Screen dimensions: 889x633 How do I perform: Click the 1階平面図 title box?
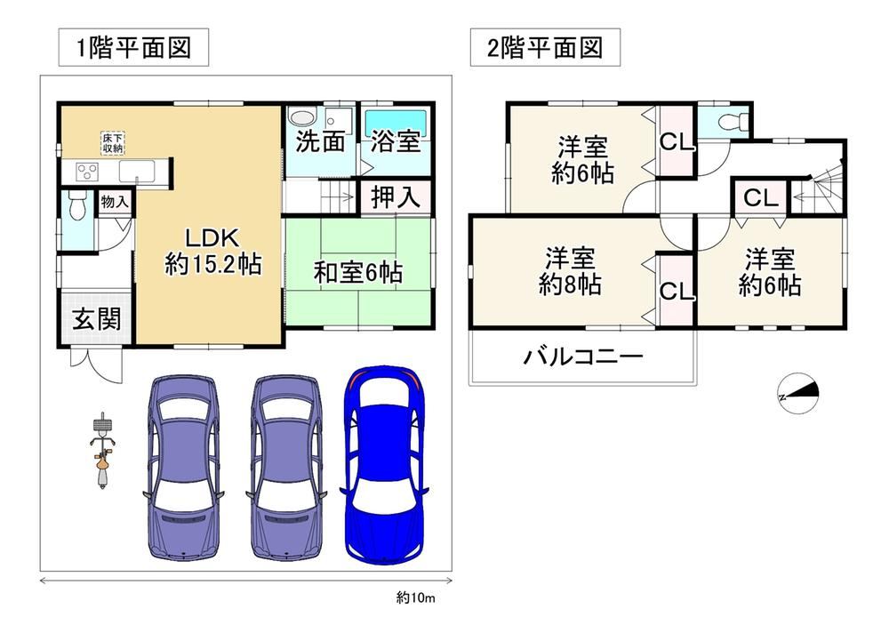tap(133, 48)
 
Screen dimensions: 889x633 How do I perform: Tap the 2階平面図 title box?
tap(545, 48)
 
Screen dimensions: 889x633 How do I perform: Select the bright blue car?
tap(385, 465)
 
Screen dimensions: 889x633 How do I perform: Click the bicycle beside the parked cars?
tap(102, 451)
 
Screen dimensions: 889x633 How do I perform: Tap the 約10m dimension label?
tap(415, 597)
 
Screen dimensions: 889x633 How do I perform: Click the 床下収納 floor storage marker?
tap(113, 143)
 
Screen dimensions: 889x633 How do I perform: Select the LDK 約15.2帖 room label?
tap(213, 252)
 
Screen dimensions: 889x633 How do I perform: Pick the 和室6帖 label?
tap(358, 273)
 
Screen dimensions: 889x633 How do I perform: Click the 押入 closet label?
tap(396, 197)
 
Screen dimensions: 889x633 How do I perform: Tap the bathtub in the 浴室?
tap(396, 122)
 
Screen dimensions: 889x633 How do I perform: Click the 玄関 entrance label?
tap(96, 319)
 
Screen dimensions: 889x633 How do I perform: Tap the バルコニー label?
tap(583, 357)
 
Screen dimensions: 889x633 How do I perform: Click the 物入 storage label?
tap(115, 201)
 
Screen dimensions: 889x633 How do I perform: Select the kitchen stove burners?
tap(87, 171)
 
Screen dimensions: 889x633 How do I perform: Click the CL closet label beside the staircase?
tap(760, 198)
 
